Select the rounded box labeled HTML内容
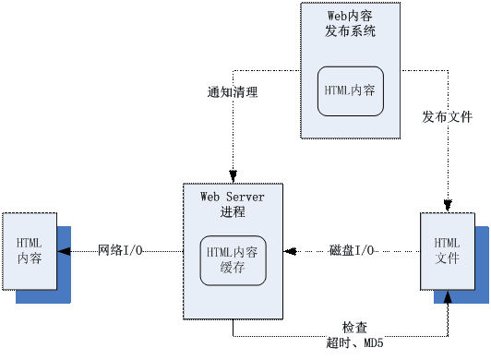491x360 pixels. [350, 90]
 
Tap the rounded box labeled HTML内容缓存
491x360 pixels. [233, 260]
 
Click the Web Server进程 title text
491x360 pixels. [233, 204]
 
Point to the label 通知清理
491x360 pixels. [233, 92]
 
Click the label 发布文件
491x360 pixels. [448, 117]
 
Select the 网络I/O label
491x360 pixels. [121, 251]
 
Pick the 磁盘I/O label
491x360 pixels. [352, 251]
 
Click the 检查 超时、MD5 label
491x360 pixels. [355, 334]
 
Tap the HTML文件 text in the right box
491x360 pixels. [447, 250]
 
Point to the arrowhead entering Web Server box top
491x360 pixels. [233, 178]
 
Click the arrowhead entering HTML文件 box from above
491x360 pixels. [448, 208]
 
